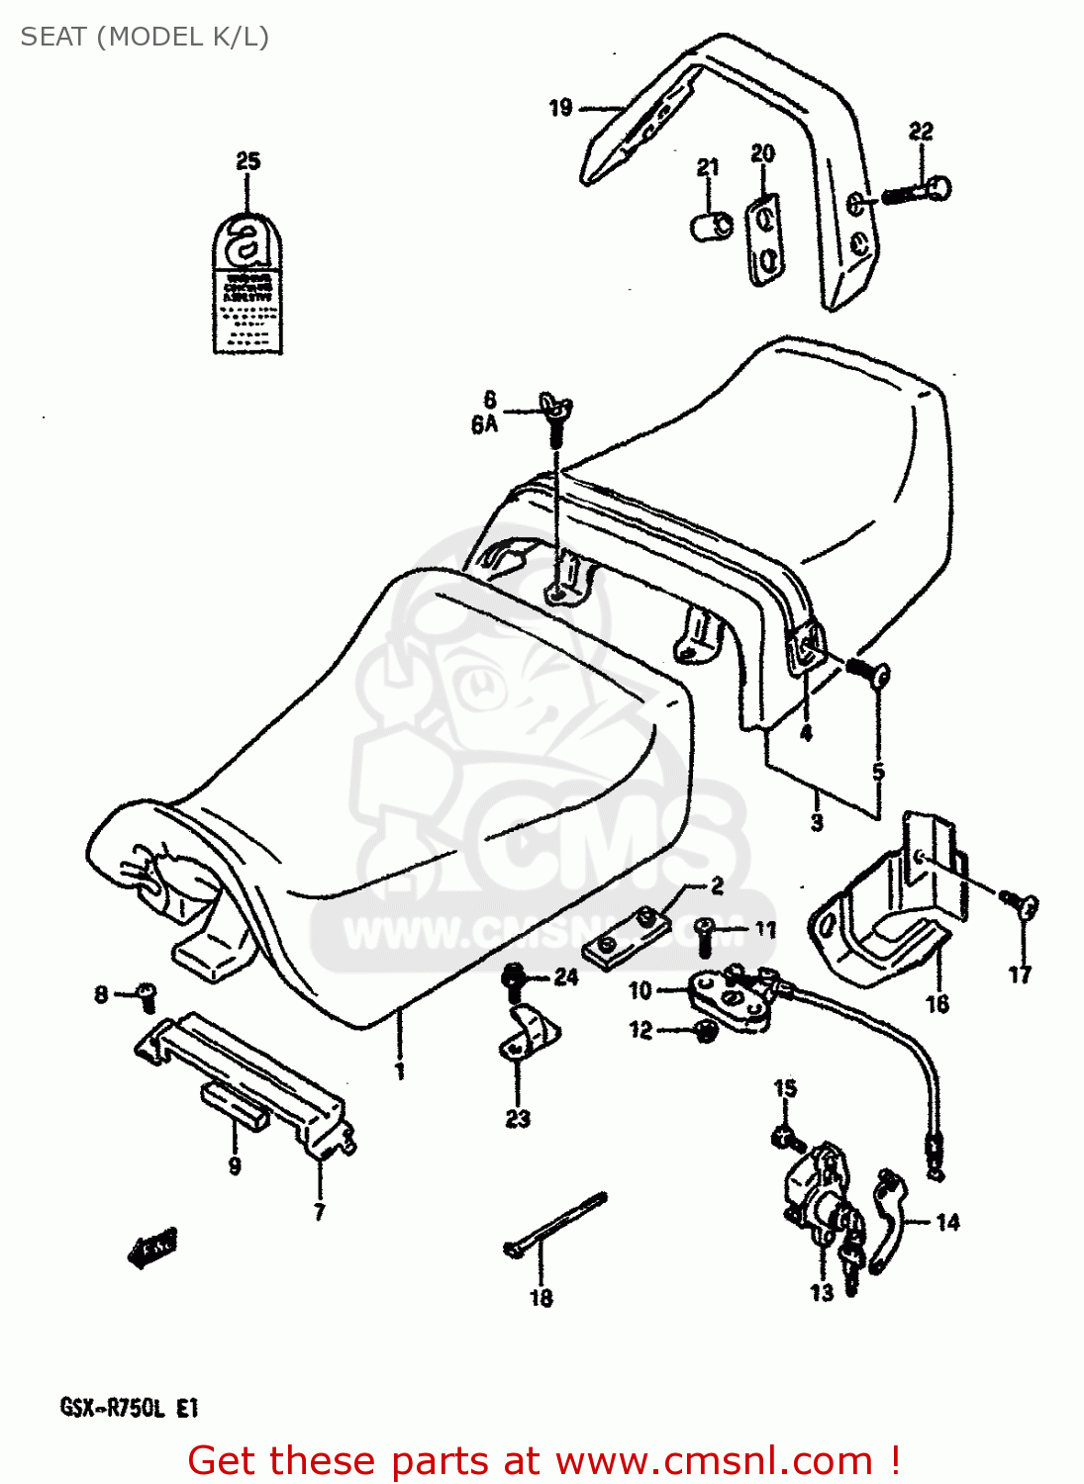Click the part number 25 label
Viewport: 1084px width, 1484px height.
[x=247, y=161]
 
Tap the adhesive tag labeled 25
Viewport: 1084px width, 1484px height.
[x=247, y=287]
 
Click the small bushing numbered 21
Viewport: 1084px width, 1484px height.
[x=710, y=225]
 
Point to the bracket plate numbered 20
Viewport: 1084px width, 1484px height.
[x=763, y=240]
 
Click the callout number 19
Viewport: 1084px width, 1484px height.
[x=560, y=107]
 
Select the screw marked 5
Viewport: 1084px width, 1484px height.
[x=869, y=673]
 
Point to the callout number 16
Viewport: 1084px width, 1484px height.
[x=936, y=1004]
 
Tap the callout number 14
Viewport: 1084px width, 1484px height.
[x=947, y=1223]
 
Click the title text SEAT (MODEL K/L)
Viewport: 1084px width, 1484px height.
[x=145, y=37]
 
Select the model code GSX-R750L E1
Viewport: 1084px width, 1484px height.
[x=130, y=1408]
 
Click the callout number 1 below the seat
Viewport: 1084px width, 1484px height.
[x=400, y=1071]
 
